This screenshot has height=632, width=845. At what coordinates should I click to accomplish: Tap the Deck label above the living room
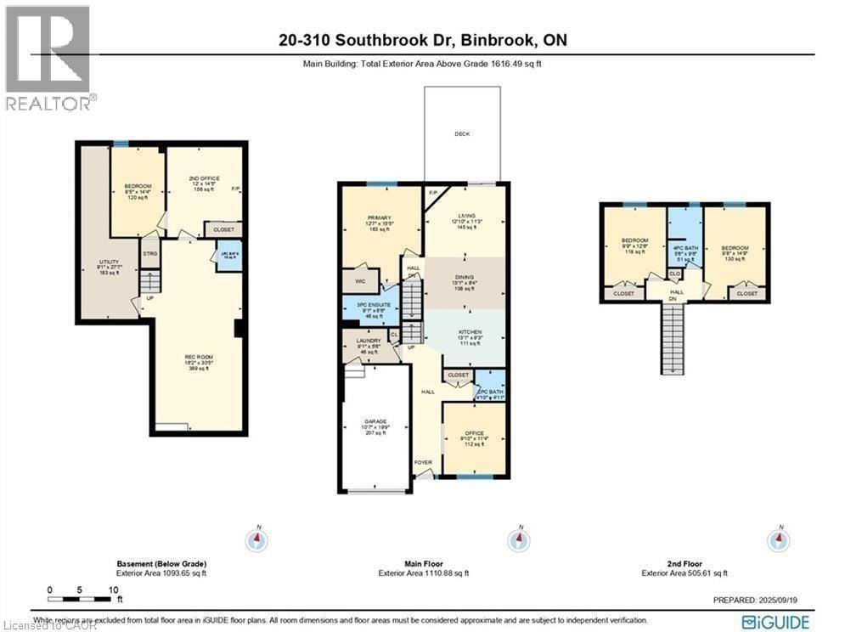[x=462, y=133]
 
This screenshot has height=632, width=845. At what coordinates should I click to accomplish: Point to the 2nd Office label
[x=204, y=178]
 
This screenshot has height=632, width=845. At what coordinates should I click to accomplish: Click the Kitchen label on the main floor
[x=470, y=331]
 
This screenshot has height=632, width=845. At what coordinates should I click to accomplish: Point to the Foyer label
[x=422, y=462]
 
